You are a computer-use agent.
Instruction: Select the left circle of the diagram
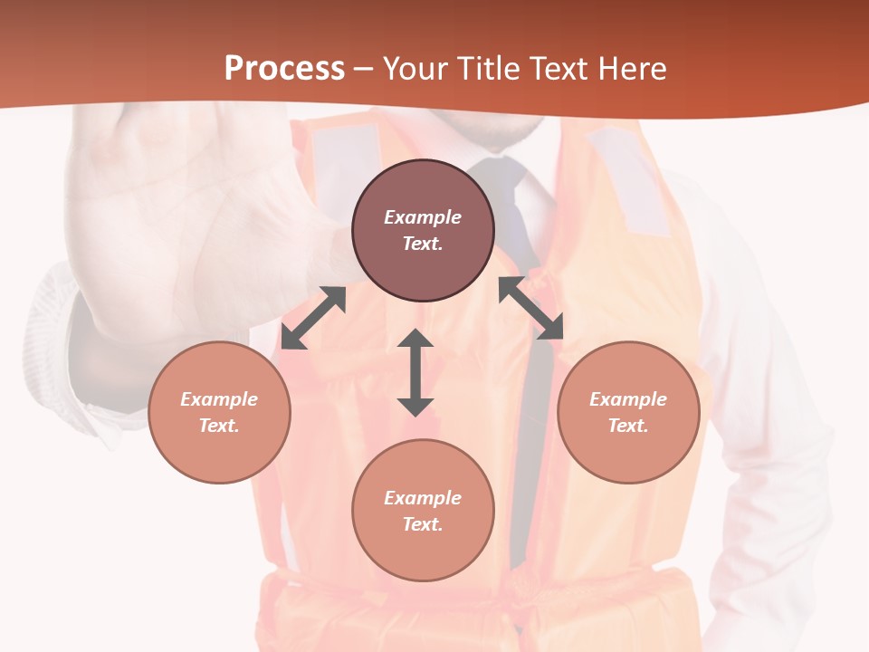tap(219, 412)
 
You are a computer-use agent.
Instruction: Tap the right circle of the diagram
tap(628, 412)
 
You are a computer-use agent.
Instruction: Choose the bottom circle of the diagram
tap(423, 510)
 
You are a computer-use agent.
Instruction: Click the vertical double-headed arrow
tap(415, 372)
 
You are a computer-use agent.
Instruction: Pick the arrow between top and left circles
tap(313, 318)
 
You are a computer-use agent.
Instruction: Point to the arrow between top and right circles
tap(530, 308)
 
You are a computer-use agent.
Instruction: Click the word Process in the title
tap(284, 68)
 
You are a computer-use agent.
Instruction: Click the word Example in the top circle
tap(423, 217)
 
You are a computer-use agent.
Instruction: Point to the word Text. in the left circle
tap(219, 426)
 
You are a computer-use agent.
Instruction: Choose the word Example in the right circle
tap(628, 399)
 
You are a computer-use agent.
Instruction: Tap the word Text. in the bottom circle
tap(423, 524)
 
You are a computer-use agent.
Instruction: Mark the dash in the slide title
tap(364, 69)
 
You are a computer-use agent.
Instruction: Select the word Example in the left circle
tap(219, 399)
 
